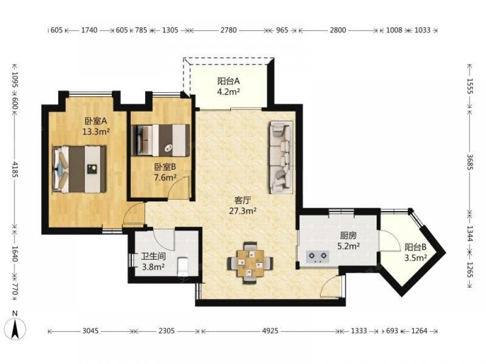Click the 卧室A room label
[x=95, y=121]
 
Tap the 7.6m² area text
[x=165, y=178]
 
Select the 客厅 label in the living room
[x=243, y=200]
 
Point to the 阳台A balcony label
[x=228, y=81]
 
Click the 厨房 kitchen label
[x=348, y=235]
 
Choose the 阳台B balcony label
[x=416, y=247]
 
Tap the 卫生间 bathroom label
[x=153, y=256]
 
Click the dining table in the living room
[x=250, y=263]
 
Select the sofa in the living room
[x=281, y=158]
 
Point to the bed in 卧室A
[x=80, y=169]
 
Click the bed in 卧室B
[x=160, y=140]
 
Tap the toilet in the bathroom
[x=183, y=266]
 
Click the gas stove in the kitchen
[x=318, y=257]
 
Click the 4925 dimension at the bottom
[x=270, y=331]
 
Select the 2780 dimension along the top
[x=228, y=30]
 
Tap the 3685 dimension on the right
[x=470, y=162]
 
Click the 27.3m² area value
[x=243, y=211]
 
